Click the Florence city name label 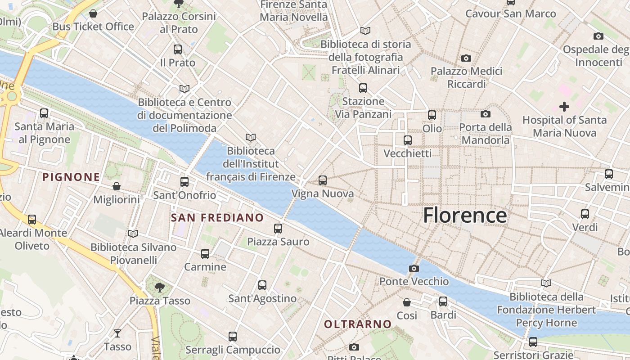point(465,216)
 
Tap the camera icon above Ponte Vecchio point(414,269)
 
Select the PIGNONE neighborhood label point(71,177)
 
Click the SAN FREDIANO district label point(217,218)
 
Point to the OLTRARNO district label point(358,324)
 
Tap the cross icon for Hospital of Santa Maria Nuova point(564,107)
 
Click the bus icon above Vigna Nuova point(323,180)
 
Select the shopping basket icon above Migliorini point(117,186)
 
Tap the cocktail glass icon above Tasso point(117,333)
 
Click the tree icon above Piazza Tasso point(159,287)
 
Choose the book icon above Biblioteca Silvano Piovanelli point(133,234)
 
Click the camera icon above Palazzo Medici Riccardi point(466,58)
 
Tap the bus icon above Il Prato point(178,49)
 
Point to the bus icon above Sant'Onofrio point(184,182)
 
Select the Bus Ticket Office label point(93,27)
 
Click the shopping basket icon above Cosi point(407,302)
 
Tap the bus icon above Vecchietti point(408,140)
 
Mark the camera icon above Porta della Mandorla point(486,114)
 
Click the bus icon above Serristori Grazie point(533,342)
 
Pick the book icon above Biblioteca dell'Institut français point(251,137)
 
